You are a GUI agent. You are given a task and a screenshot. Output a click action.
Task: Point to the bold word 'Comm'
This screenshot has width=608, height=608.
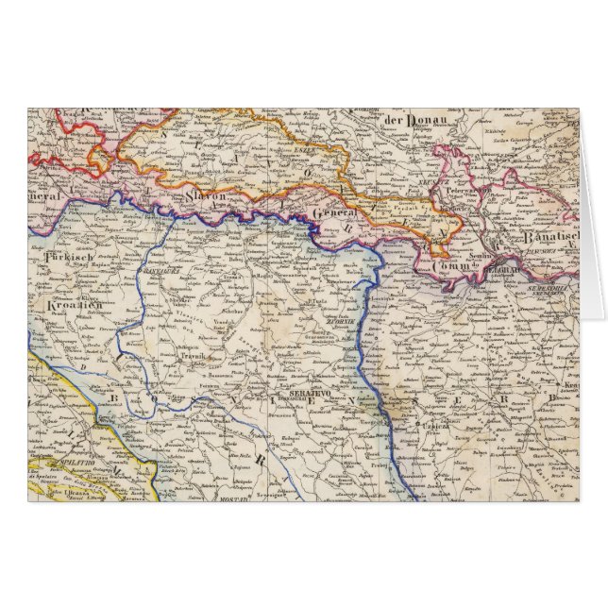coord(452,266)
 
